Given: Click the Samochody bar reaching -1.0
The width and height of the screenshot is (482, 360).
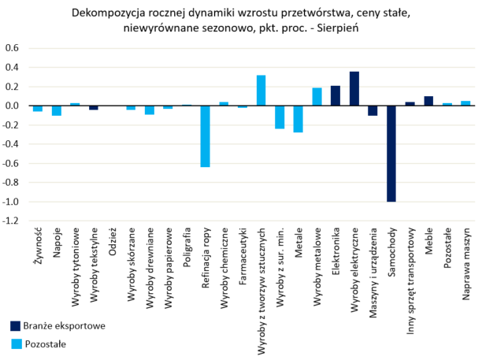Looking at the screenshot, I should (x=391, y=154).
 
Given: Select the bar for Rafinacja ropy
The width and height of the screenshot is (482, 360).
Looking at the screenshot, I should (x=205, y=136).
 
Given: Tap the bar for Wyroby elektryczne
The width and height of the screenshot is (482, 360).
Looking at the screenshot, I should (x=354, y=88).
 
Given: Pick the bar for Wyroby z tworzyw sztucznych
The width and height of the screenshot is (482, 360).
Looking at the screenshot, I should (x=261, y=90).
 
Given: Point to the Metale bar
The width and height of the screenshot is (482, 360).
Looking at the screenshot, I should (x=298, y=119).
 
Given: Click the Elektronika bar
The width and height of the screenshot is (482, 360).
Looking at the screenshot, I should (x=336, y=95).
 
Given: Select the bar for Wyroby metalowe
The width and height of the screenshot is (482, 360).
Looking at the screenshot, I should (x=317, y=97).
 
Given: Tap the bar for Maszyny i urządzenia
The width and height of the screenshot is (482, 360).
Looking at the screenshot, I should (x=373, y=110).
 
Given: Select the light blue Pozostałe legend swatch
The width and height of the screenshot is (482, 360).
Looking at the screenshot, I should (x=16, y=343).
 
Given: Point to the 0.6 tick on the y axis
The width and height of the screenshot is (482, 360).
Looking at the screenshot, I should (x=12, y=47).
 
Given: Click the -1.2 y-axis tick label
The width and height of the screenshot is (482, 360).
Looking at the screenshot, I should (x=10, y=221).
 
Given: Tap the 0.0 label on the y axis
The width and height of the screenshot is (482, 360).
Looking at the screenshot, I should (x=12, y=106).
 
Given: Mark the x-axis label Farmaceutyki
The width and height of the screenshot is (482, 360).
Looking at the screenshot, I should (x=243, y=258).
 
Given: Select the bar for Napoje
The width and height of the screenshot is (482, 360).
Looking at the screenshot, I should (x=56, y=110).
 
